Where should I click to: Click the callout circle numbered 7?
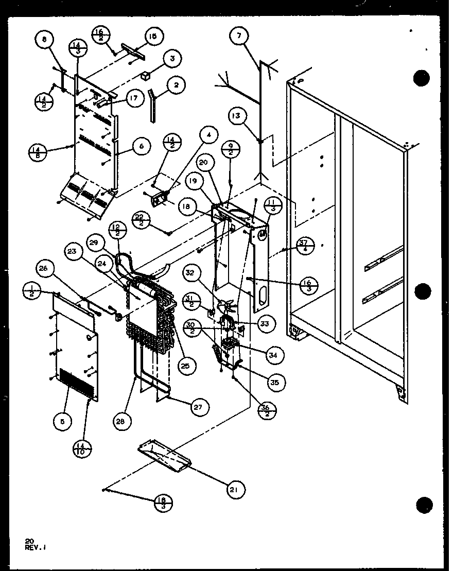239,36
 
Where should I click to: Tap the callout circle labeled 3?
172,59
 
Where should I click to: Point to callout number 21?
235,489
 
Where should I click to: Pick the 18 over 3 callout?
163,503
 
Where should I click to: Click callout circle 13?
235,117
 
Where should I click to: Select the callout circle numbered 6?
141,146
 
